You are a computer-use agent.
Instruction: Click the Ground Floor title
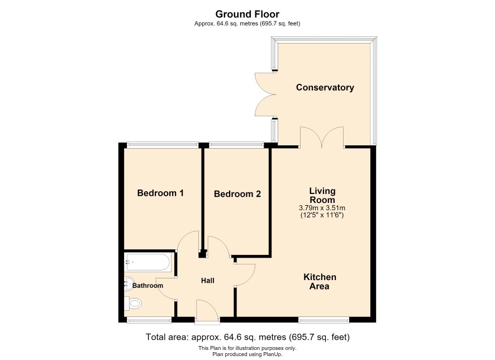pyautogui.click(x=247, y=14)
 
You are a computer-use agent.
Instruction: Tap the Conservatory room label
pyautogui.click(x=325, y=87)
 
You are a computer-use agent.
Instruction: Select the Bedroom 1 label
pyautogui.click(x=160, y=193)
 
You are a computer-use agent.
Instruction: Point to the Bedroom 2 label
pyautogui.click(x=237, y=194)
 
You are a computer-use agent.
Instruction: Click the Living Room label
pyautogui.click(x=322, y=195)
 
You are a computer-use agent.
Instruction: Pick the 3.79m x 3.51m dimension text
pyautogui.click(x=322, y=208)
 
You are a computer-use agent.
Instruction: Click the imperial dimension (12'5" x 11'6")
pyautogui.click(x=322, y=215)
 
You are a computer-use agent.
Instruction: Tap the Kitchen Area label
pyautogui.click(x=320, y=281)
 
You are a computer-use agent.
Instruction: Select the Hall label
pyautogui.click(x=208, y=281)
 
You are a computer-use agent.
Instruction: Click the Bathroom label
pyautogui.click(x=147, y=286)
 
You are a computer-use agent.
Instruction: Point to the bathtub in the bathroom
pyautogui.click(x=147, y=262)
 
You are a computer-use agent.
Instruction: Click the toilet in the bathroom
pyautogui.click(x=133, y=304)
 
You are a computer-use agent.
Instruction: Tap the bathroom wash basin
pyautogui.click(x=129, y=283)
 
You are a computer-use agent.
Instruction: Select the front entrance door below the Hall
pyautogui.click(x=207, y=312)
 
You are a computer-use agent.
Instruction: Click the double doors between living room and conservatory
pyautogui.click(x=322, y=137)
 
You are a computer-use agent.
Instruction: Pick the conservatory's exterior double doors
pyautogui.click(x=265, y=94)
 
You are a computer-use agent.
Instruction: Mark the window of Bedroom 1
pyautogui.click(x=163, y=145)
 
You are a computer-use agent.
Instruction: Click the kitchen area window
pyautogui.click(x=324, y=320)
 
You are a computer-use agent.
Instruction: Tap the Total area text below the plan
pyautogui.click(x=247, y=337)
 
